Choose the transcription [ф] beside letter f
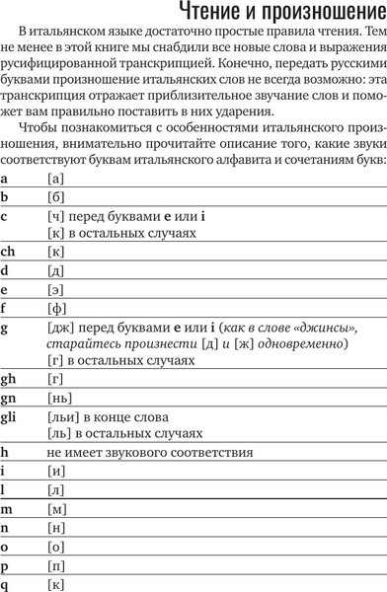54,307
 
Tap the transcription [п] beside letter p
54,563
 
